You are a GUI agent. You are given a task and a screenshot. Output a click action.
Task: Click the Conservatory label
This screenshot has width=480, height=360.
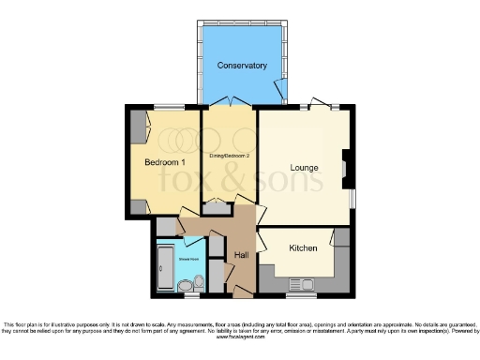pyautogui.click(x=242, y=66)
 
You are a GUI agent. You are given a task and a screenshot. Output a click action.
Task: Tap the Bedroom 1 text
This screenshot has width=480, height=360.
pyautogui.click(x=163, y=162)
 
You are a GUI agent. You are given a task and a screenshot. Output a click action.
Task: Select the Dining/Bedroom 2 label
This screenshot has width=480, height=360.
pyautogui.click(x=229, y=155)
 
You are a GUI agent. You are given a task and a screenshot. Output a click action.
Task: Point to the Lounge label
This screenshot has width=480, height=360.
pyautogui.click(x=304, y=169)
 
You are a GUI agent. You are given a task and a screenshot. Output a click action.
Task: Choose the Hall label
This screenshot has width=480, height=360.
pyautogui.click(x=241, y=255)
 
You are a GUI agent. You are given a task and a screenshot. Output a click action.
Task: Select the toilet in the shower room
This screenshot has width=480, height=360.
pyautogui.click(x=185, y=285)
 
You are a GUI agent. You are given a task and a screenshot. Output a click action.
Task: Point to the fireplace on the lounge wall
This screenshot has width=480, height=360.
pyautogui.click(x=347, y=164)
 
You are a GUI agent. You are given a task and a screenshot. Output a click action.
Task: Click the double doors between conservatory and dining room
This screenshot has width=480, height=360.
pyautogui.click(x=230, y=102)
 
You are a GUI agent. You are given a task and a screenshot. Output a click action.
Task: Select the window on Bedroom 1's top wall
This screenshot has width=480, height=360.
pyautogui.click(x=169, y=107)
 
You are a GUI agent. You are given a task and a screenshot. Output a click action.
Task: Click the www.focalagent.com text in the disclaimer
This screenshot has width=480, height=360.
pyautogui.click(x=240, y=337)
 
